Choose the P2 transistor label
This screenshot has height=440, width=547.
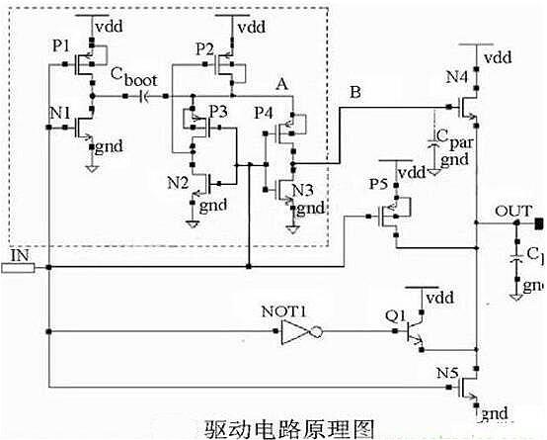(203, 48)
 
